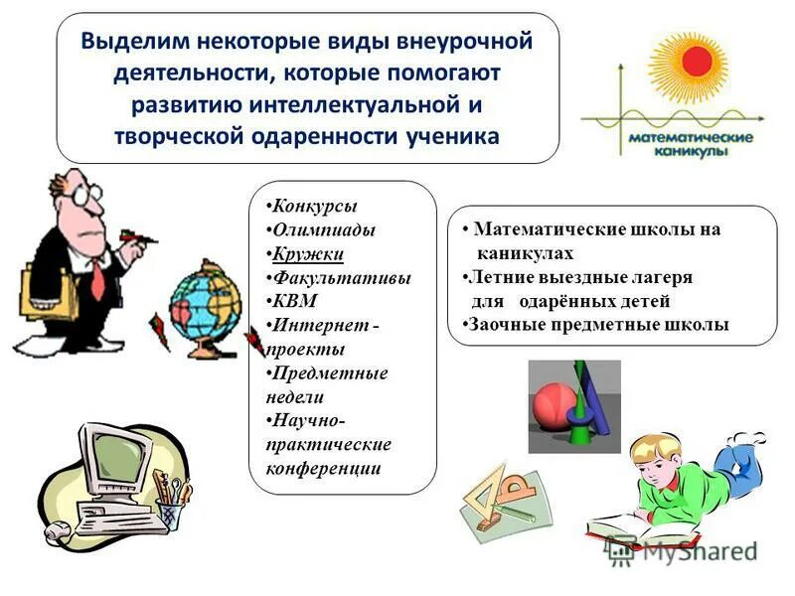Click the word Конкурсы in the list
pyautogui.click(x=314, y=206)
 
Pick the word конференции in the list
pyautogui.click(x=323, y=468)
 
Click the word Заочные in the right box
pyautogui.click(x=503, y=324)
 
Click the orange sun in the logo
pyautogui.click(x=691, y=62)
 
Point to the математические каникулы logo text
pyautogui.click(x=690, y=144)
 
